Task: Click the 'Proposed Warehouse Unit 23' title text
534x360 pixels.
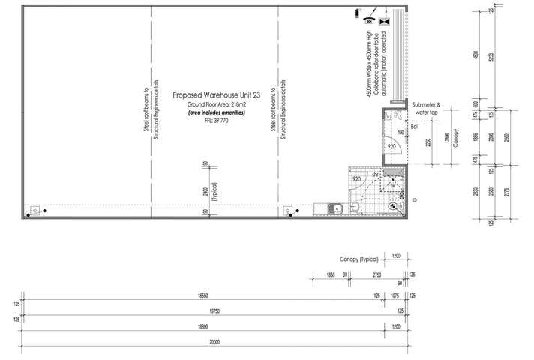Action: [215, 95]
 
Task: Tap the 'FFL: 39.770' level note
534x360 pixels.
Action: [215, 120]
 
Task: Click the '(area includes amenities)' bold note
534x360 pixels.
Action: [215, 112]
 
